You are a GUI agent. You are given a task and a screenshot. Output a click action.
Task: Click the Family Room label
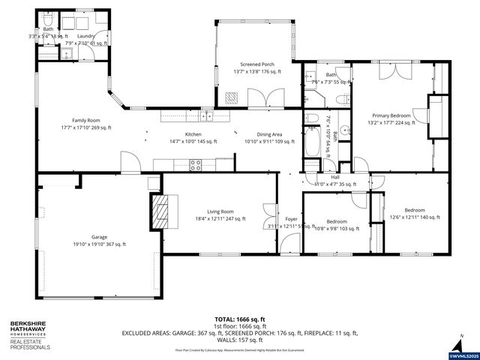click(x=85, y=124)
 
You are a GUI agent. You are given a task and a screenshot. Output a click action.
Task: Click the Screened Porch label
click(x=256, y=68)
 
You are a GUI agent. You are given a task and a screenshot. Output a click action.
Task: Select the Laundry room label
click(x=85, y=39)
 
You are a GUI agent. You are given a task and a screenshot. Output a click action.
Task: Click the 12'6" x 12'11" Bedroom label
click(x=414, y=214)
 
